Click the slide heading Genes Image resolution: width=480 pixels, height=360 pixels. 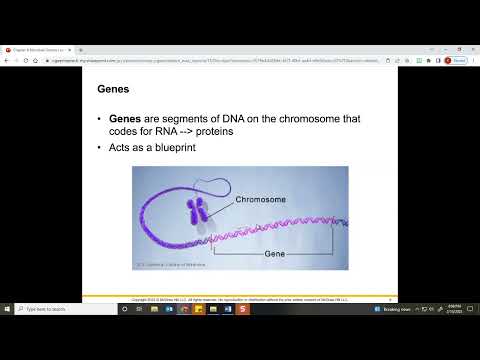(111, 89)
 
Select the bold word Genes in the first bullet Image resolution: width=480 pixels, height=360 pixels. (129, 120)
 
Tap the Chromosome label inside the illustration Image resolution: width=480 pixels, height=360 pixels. (261, 200)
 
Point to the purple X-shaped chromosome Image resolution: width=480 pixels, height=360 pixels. (197, 210)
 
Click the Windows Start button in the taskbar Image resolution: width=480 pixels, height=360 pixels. (7, 309)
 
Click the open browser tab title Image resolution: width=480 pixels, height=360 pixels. (40, 49)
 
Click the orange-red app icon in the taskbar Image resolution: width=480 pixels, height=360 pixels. (242, 309)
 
